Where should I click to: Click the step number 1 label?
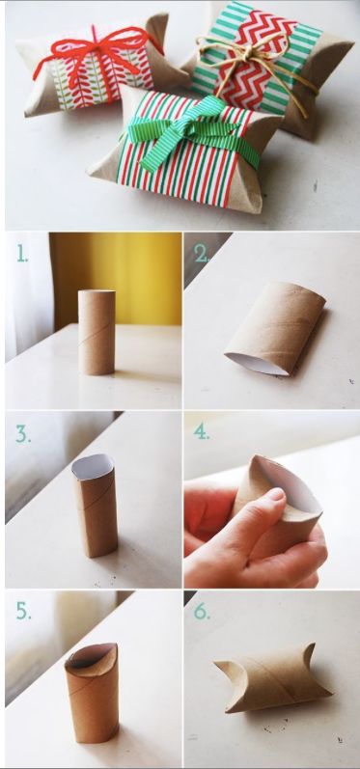coord(22,253)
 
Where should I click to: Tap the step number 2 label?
coord(201,253)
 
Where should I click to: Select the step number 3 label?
coord(23,434)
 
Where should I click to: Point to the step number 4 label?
coord(202,431)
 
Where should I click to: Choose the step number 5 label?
coord(23,611)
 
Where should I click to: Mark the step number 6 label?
coord(202,611)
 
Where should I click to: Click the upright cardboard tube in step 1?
coord(97,332)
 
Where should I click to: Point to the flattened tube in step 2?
coord(276,328)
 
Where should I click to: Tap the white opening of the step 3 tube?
coord(93,466)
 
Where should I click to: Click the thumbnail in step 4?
coord(277,494)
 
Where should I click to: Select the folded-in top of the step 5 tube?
coord(92,657)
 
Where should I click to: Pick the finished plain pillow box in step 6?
coord(272,677)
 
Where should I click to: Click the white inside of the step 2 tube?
coord(256,364)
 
